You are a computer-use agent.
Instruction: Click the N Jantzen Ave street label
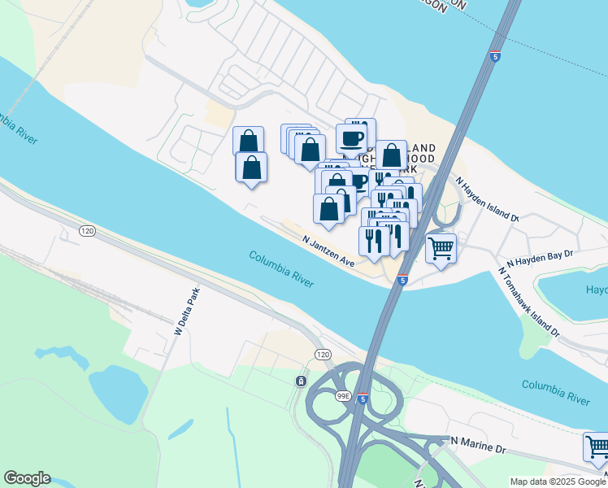tap(329, 251)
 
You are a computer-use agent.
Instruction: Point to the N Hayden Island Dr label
tap(486, 199)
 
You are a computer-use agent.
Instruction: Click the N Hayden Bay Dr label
tap(540, 259)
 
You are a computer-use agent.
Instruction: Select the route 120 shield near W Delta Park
tap(87, 232)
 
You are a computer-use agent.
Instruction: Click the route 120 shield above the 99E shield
tap(323, 355)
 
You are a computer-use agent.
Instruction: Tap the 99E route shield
tap(342, 396)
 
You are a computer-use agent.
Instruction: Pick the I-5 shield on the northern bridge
tap(495, 55)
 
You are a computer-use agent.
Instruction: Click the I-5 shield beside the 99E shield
tap(363, 399)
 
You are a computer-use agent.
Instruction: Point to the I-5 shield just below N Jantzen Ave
tap(403, 280)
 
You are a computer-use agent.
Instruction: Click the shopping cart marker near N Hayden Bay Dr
tap(441, 247)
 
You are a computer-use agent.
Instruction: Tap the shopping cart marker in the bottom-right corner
tap(597, 446)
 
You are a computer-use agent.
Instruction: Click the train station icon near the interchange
tap(301, 381)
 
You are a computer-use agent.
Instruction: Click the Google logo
tap(27, 478)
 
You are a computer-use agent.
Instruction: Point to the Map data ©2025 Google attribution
tap(557, 481)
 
